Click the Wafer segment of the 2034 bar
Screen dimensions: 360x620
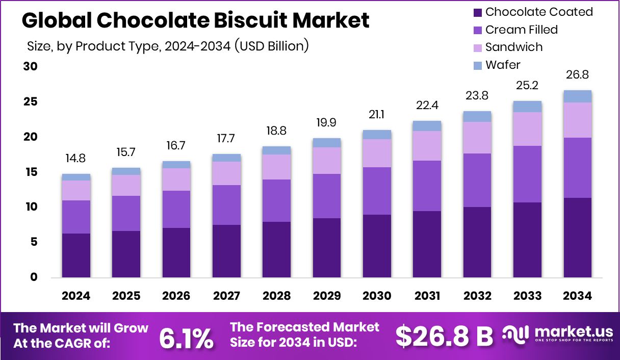[577, 96]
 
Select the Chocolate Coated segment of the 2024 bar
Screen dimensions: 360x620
[76, 255]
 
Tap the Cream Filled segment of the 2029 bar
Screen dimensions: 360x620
[327, 196]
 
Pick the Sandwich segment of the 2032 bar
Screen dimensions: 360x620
[477, 138]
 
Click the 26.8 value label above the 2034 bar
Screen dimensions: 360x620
[577, 75]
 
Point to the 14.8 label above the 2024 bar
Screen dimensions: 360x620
[76, 159]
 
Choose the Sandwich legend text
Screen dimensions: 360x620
[513, 47]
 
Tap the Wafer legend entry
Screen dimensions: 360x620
[503, 65]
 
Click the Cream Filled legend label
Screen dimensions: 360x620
[521, 30]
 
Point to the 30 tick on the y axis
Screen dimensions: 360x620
[31, 67]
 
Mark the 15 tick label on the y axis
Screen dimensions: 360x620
[31, 172]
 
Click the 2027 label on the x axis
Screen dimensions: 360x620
[226, 296]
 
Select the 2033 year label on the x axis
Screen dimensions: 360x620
[527, 296]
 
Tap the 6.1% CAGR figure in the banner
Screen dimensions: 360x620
[186, 339]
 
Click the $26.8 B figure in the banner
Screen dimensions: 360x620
[445, 336]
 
